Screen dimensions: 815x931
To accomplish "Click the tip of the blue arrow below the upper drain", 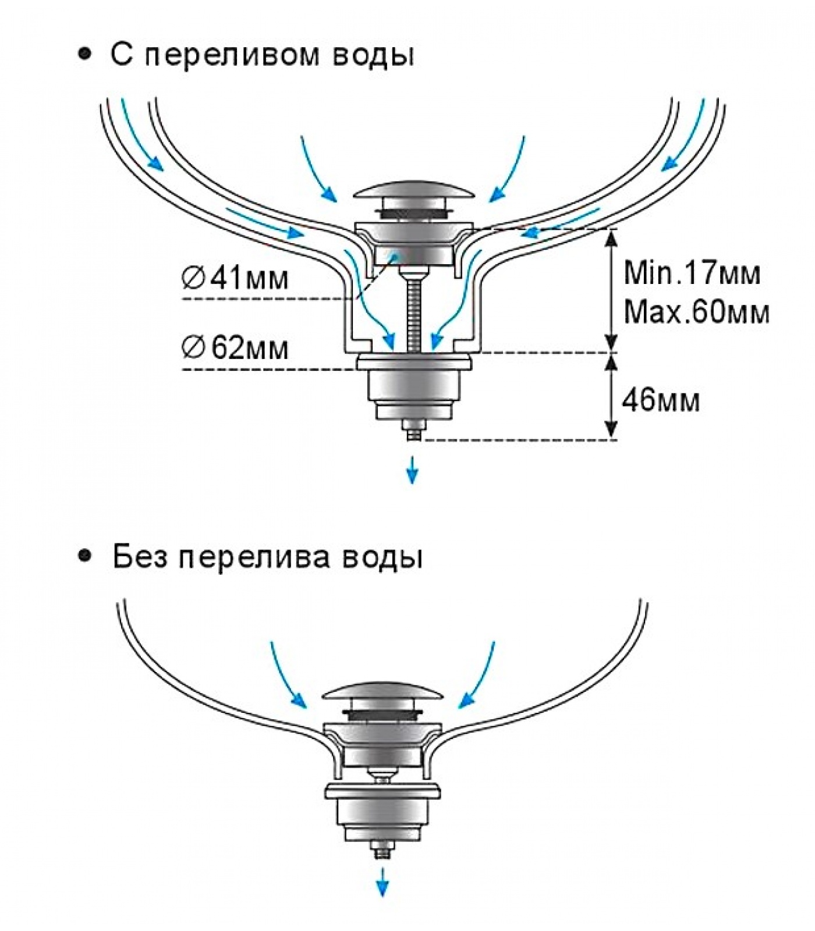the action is coord(412,484).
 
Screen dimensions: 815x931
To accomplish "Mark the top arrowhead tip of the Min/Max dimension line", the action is coord(611,229).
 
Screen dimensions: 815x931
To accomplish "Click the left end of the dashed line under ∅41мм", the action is coord(183,299).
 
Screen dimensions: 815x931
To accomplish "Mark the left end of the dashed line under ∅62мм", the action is coord(183,370).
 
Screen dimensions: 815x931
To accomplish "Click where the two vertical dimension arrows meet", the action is coord(611,353).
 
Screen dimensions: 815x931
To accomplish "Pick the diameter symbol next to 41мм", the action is coord(192,278).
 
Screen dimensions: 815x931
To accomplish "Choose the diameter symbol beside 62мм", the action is coord(192,349).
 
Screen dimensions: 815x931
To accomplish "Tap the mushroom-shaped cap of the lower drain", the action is coord(382,692).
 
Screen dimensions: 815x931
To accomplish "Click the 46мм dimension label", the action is coord(661,401).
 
